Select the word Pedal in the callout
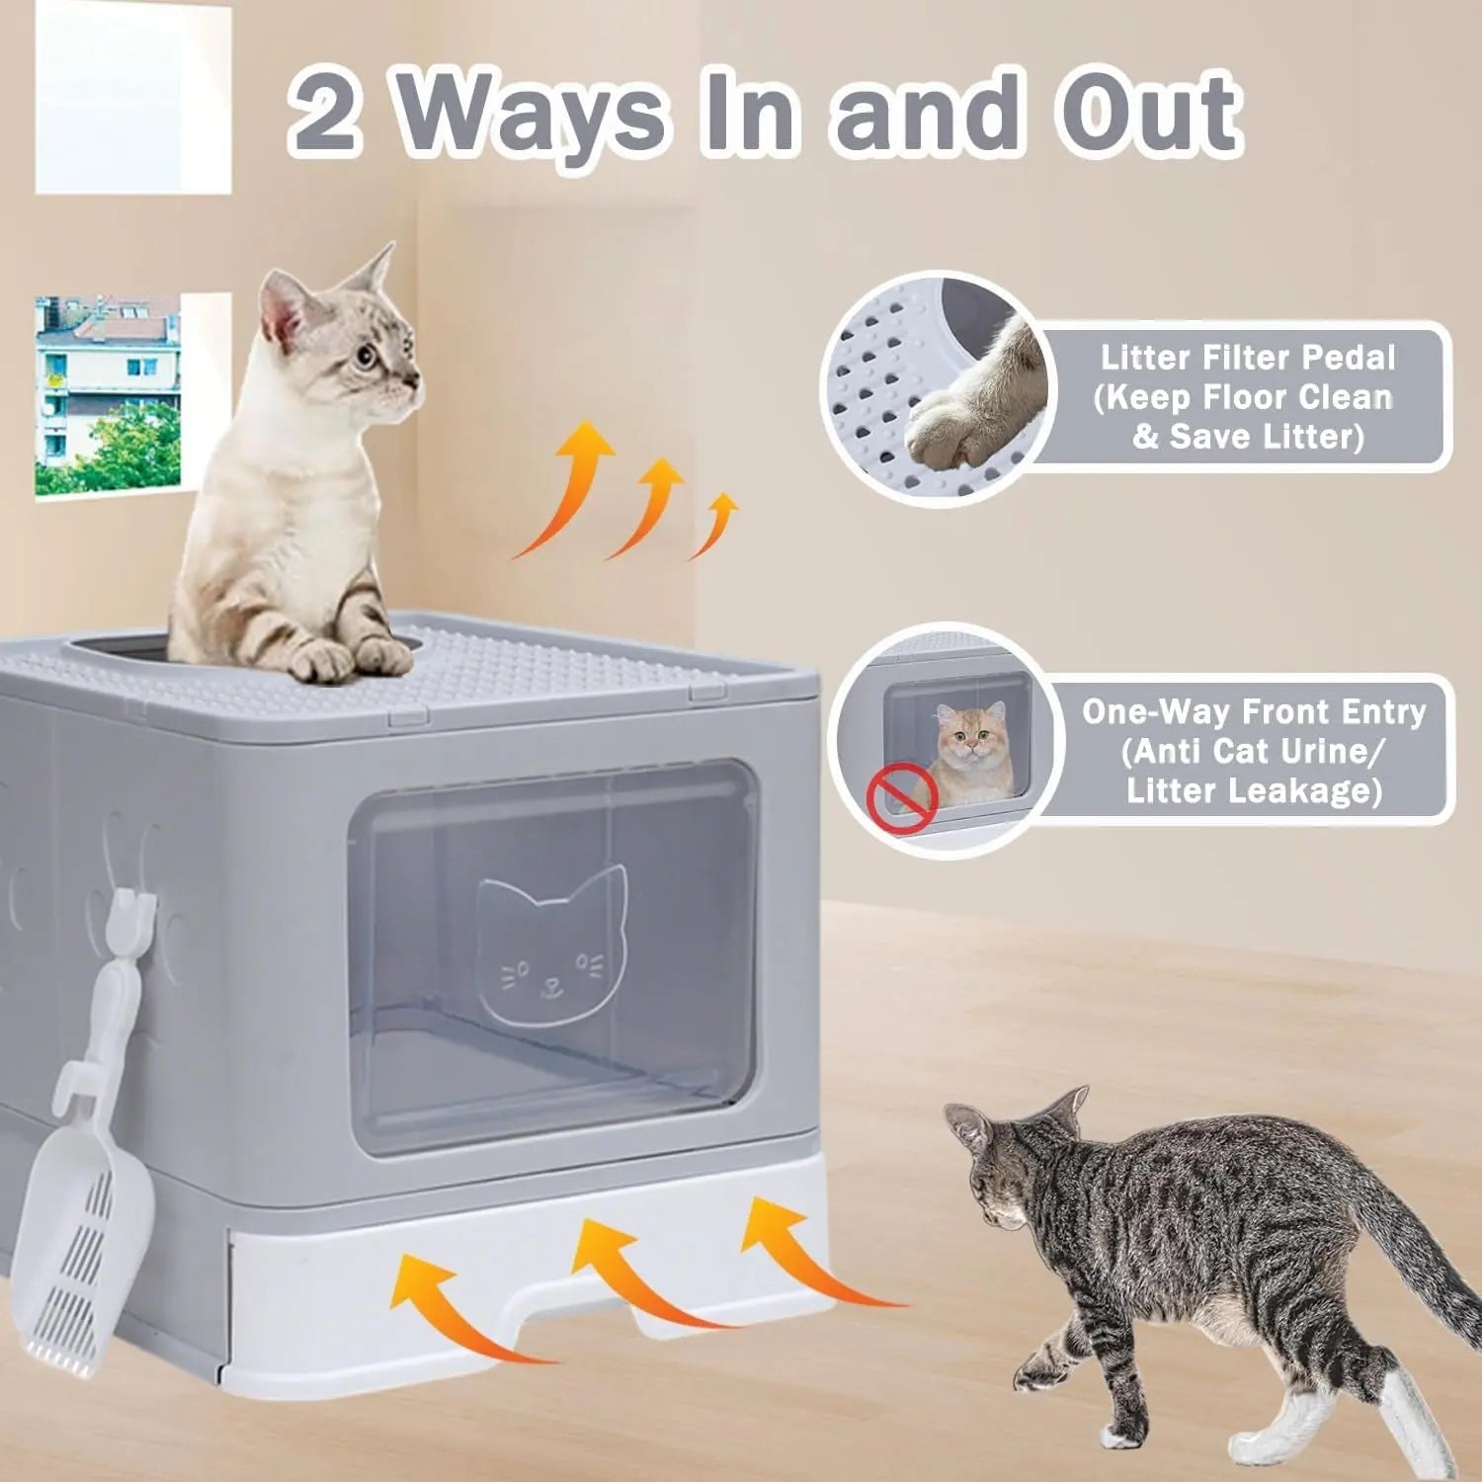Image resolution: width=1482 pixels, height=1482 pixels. (x=1348, y=358)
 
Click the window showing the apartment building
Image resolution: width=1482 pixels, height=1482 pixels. (x=109, y=395)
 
